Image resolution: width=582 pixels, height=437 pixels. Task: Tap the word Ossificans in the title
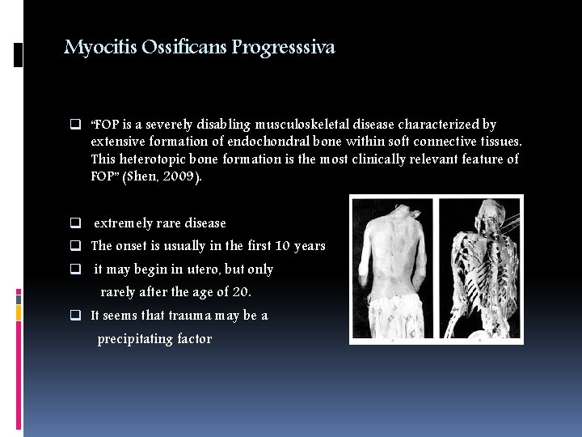(184, 48)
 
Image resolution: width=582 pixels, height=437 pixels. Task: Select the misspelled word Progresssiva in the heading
(283, 48)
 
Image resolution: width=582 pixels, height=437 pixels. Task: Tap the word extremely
(123, 223)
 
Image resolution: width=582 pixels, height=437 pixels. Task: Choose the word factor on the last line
(194, 339)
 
